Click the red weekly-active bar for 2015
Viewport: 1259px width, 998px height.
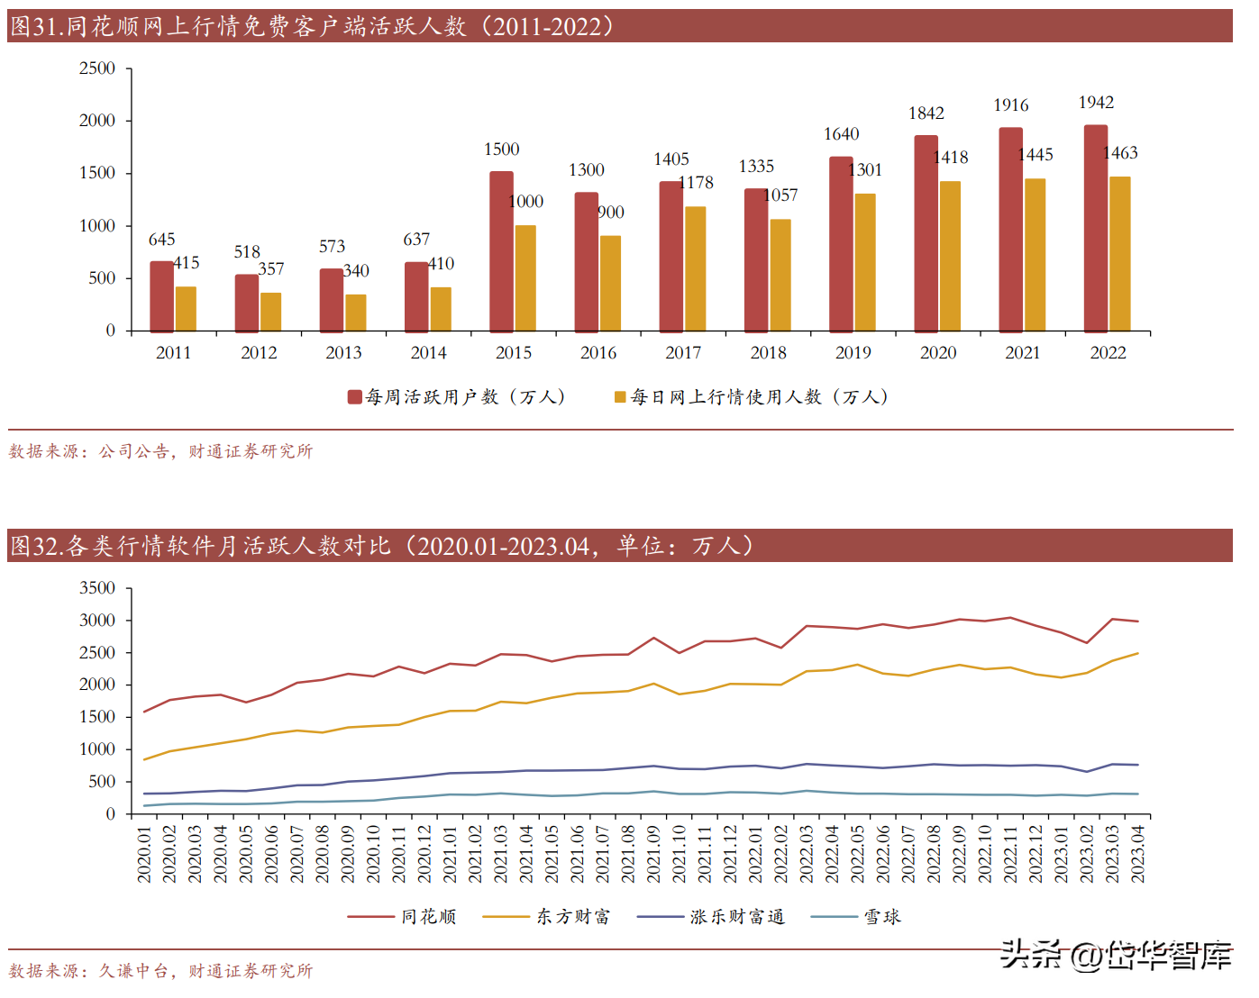501,251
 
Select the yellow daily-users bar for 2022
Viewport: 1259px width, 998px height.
1120,254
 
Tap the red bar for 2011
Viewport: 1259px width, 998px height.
161,296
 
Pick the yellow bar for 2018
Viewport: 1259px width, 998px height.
780,275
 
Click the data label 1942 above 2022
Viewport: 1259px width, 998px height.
1096,103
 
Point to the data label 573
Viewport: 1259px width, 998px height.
332,247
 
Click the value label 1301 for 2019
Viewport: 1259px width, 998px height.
865,170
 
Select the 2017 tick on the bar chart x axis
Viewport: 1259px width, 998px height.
683,353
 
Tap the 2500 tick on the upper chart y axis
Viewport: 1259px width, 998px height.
97,68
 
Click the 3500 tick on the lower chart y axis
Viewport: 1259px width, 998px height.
97,588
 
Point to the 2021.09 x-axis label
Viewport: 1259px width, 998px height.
654,854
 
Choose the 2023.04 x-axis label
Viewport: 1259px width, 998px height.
1138,854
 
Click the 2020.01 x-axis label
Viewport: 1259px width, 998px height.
144,854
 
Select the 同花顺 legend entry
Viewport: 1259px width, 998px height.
428,917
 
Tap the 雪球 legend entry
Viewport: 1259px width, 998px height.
881,917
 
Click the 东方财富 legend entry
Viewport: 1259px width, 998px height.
573,917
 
